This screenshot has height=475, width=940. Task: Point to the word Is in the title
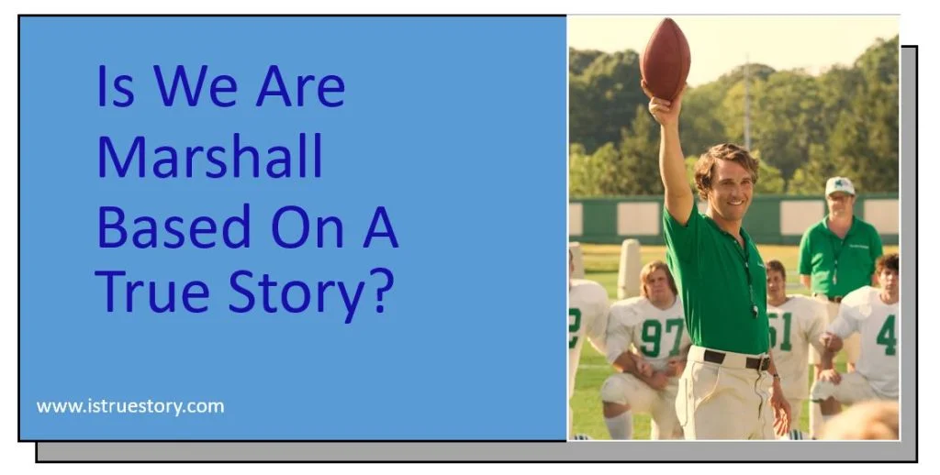115,88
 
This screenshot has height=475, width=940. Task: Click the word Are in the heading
300,88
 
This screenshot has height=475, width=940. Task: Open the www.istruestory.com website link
130,406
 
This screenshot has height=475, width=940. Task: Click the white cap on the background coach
839,185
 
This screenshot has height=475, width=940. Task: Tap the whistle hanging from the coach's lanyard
755,309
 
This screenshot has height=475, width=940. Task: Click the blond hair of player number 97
658,273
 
